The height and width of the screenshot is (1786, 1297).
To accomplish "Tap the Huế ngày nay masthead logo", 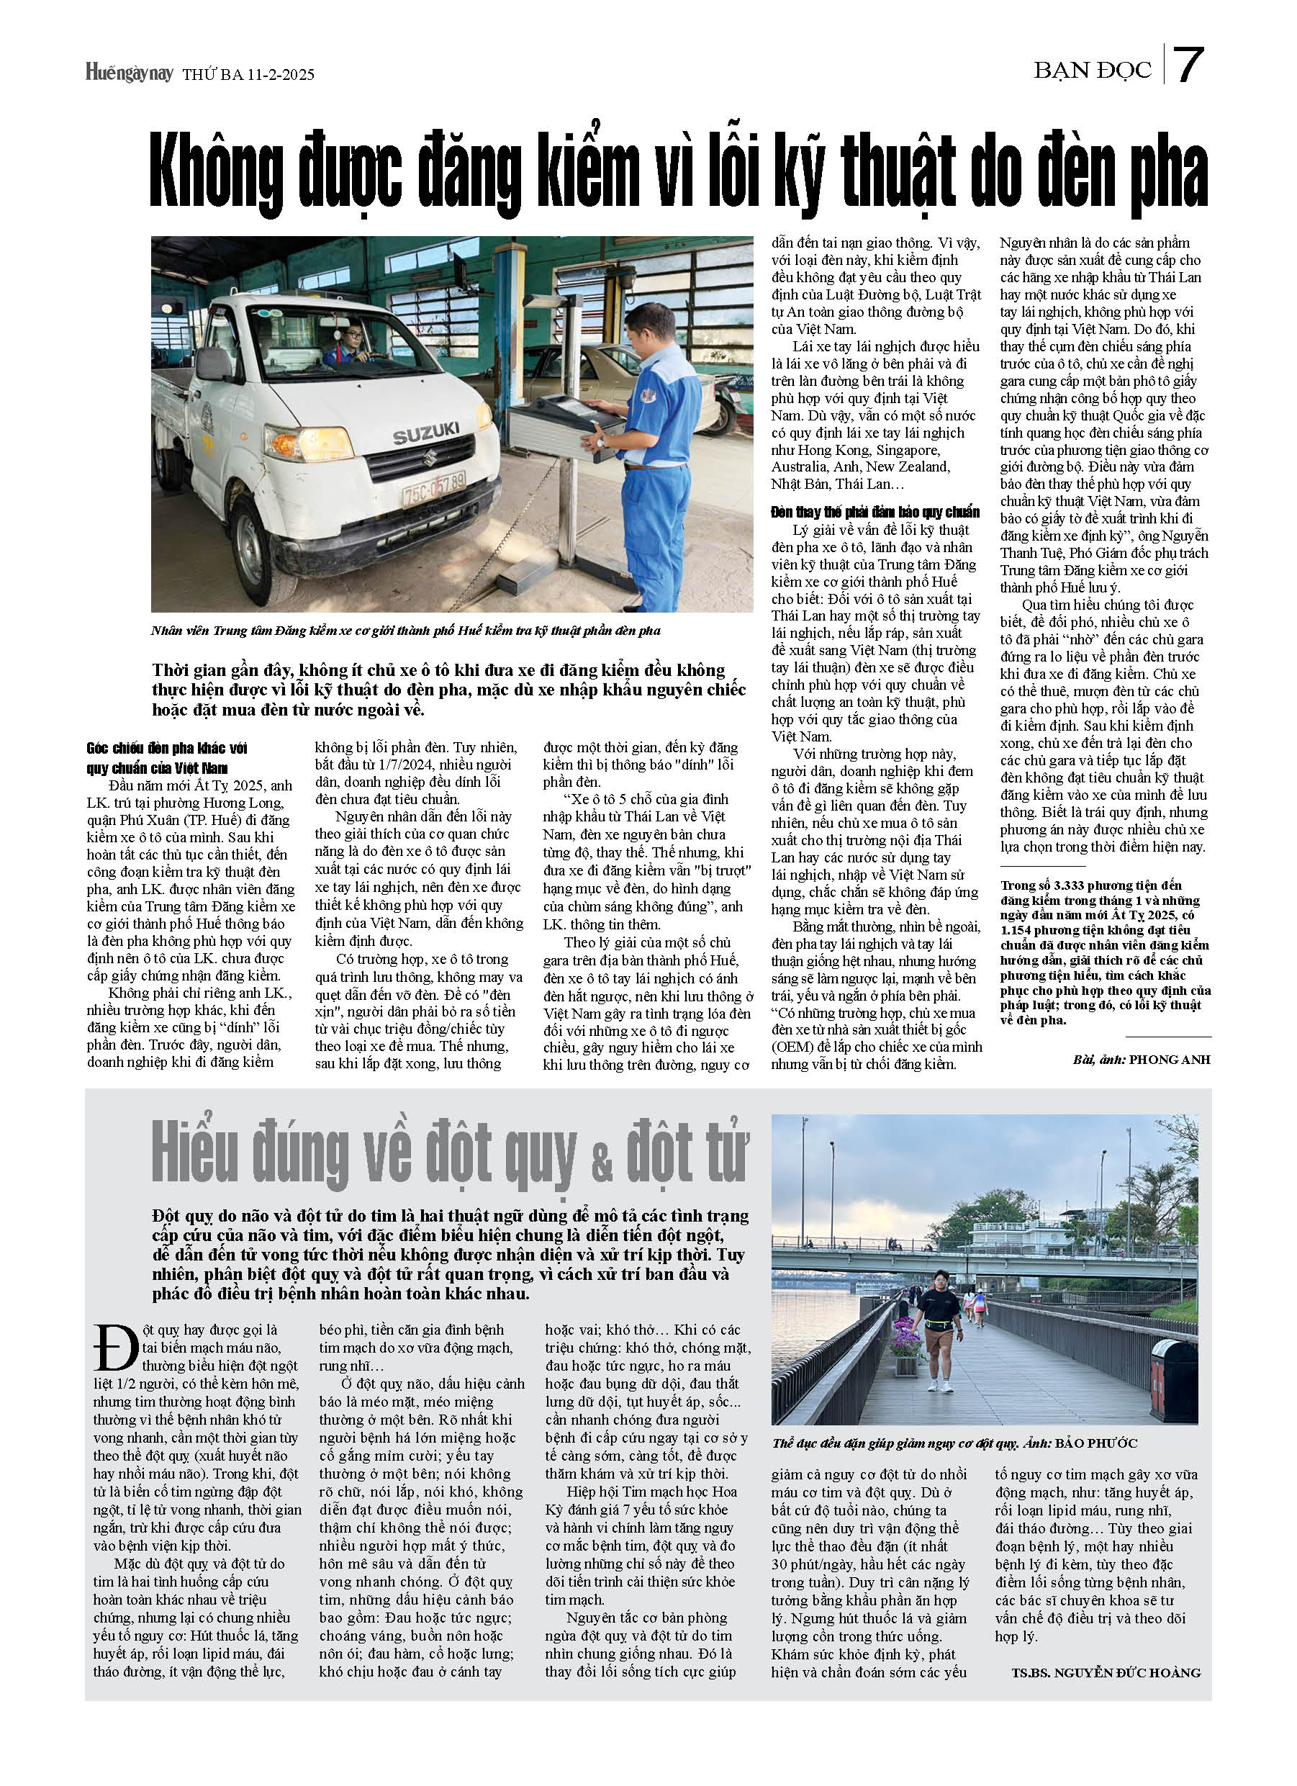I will coord(129,73).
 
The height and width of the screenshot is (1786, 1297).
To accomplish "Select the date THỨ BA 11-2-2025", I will coord(248,75).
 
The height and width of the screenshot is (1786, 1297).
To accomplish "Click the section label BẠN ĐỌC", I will coord(1093,71).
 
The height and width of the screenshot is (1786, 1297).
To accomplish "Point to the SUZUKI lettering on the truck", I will coord(426,433).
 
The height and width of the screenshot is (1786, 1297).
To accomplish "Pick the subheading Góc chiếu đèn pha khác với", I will coord(167,748).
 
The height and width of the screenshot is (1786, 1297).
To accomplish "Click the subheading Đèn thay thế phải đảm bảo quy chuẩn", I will coord(875,513).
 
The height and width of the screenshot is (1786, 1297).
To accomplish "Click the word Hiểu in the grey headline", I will coord(194,1155).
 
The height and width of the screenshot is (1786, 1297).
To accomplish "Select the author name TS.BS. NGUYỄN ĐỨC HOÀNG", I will coord(1106,1672).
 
